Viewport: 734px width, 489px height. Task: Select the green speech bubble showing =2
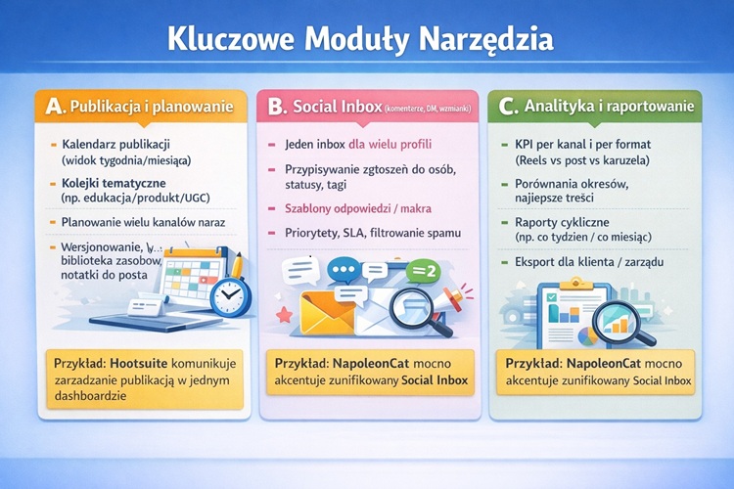(424, 271)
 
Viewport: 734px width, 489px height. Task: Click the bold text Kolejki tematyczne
(114, 183)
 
